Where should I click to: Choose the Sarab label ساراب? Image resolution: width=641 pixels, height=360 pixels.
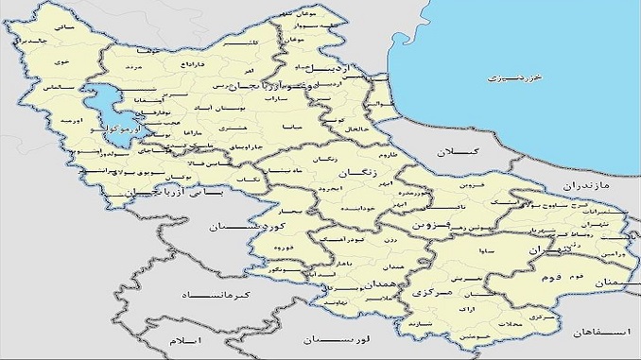coord(276,97)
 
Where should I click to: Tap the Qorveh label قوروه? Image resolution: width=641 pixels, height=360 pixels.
coord(282,248)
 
